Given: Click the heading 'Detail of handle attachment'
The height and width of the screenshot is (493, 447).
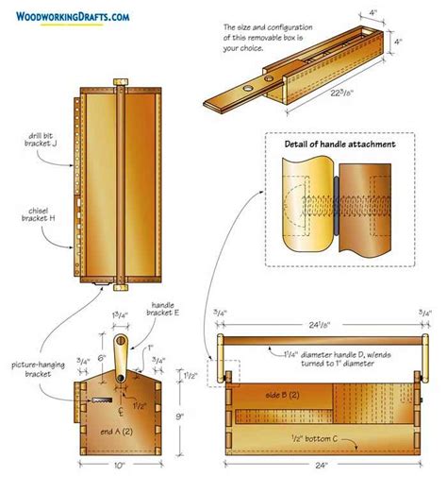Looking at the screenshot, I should tap(340, 144).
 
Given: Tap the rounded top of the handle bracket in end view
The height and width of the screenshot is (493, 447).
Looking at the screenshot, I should tap(120, 338).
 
